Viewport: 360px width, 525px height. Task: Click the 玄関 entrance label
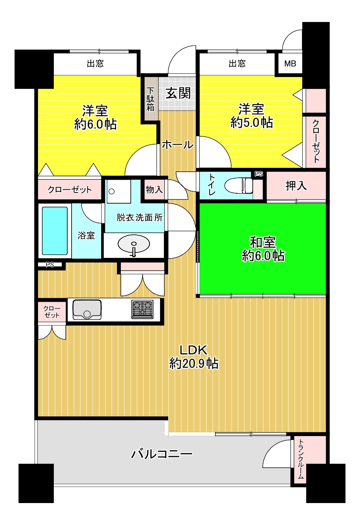coord(178,93)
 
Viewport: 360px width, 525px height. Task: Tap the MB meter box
coord(290,64)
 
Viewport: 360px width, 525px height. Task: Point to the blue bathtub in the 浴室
coord(55,231)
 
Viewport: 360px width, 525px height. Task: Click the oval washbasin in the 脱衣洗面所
coord(134,244)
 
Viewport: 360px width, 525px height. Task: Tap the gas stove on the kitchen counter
coord(142,309)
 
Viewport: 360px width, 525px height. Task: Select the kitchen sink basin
coord(87,309)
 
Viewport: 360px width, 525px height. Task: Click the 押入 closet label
coord(296,186)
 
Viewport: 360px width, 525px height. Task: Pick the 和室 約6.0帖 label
coord(263,249)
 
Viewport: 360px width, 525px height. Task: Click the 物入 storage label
coord(154,189)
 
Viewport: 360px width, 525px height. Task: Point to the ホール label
coord(178,144)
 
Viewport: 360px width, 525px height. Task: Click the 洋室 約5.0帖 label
coord(252,115)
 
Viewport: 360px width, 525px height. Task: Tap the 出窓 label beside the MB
coord(237,63)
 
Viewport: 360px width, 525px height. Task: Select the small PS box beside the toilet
coord(259,174)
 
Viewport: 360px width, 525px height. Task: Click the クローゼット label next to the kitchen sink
coord(52,312)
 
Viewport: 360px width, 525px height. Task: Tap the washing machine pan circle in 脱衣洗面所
coord(112,191)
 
